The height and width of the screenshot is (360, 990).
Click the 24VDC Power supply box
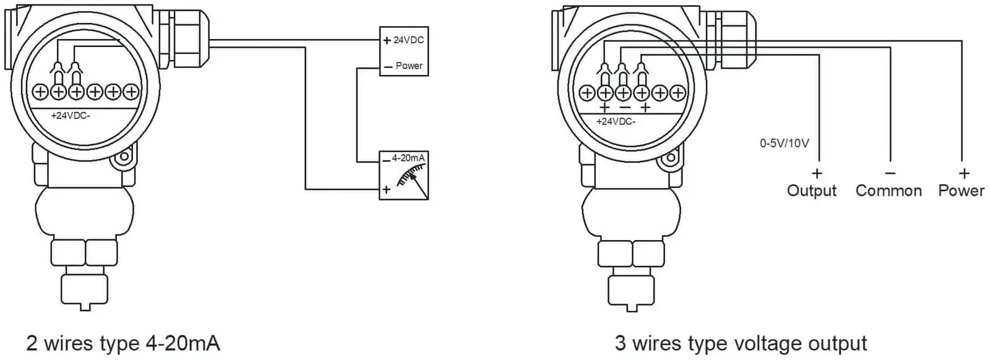point(404,51)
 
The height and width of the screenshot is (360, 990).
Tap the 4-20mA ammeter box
point(404,176)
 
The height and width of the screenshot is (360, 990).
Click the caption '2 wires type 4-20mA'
point(123,343)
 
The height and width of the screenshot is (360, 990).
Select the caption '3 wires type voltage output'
point(741,343)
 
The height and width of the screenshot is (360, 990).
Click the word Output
point(811,191)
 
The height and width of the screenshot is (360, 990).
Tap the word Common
point(889,191)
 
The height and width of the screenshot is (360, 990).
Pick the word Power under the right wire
point(962,191)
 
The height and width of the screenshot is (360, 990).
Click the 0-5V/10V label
point(785,143)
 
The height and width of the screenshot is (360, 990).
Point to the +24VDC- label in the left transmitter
point(71,116)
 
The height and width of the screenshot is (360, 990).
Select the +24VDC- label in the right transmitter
point(616,121)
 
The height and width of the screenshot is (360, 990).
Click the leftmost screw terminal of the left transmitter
point(40,92)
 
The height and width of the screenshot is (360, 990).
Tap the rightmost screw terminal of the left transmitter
point(131,92)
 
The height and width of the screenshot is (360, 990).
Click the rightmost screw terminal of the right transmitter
point(678,93)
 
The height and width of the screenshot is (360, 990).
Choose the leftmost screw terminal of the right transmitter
point(587,93)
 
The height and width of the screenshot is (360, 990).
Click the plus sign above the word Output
point(817,173)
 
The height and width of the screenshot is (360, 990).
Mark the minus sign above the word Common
point(890,173)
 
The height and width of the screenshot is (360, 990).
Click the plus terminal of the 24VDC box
point(387,41)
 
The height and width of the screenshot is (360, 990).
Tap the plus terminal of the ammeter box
point(386,189)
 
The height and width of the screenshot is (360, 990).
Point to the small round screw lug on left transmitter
point(124,156)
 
